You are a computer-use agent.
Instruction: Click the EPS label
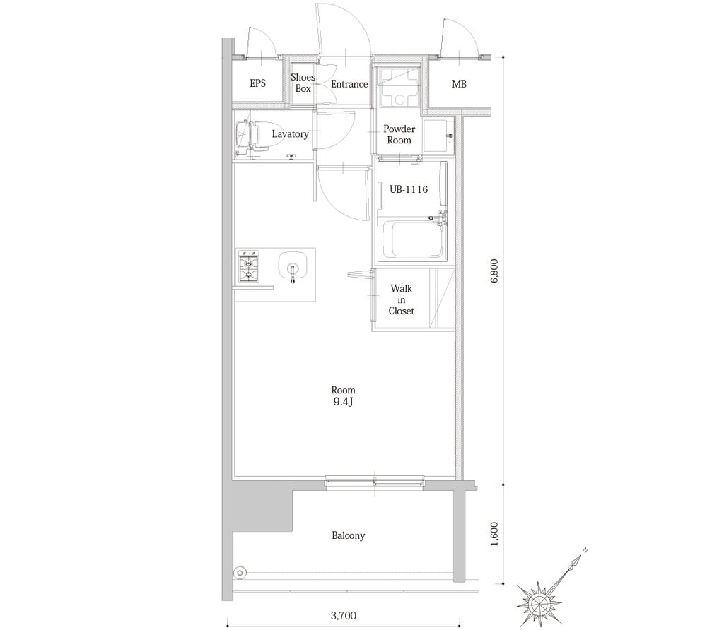pyautogui.click(x=257, y=84)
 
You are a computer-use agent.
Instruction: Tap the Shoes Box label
pyautogui.click(x=303, y=83)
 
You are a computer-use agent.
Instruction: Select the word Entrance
pyautogui.click(x=349, y=84)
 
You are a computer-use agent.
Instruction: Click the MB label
pyautogui.click(x=459, y=84)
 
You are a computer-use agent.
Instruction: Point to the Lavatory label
pyautogui.click(x=290, y=133)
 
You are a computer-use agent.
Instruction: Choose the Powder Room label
pyautogui.click(x=399, y=134)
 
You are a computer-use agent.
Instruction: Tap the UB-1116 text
pyautogui.click(x=409, y=189)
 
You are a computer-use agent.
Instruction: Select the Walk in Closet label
pyautogui.click(x=401, y=299)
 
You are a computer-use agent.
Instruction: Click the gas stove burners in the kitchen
pyautogui.click(x=249, y=268)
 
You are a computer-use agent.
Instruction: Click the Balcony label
pyautogui.click(x=348, y=535)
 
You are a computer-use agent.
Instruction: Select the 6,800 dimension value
pyautogui.click(x=494, y=270)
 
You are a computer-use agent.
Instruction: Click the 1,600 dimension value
pyautogui.click(x=494, y=534)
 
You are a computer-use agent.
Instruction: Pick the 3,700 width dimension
pyautogui.click(x=343, y=614)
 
